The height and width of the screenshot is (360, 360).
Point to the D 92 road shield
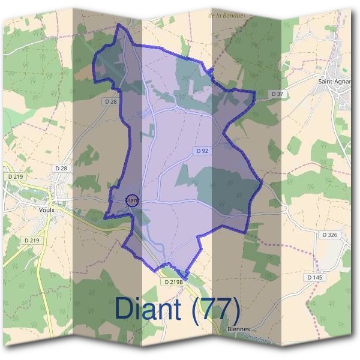coord(202,151)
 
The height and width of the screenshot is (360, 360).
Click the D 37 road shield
coord(277,94)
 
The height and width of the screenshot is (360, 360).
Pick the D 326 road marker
coord(331,235)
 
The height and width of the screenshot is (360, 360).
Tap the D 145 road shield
coord(314,277)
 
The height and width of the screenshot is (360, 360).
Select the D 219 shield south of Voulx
coord(32,240)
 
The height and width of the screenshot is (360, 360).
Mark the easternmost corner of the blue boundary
coord(262,183)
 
